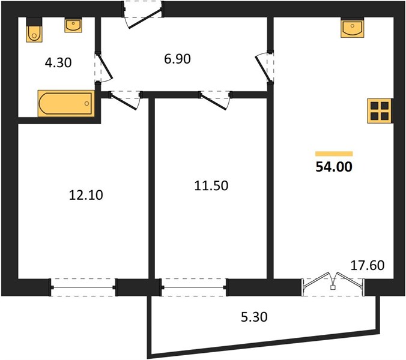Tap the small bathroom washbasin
pyautogui.click(x=73, y=25)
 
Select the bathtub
pyautogui.click(x=66, y=103)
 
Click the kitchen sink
pyautogui.click(x=352, y=28)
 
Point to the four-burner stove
pyautogui.click(x=380, y=110)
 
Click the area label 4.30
pyautogui.click(x=58, y=63)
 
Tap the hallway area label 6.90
pyautogui.click(x=177, y=59)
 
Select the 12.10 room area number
pyautogui.click(x=86, y=195)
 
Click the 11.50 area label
pyautogui.click(x=211, y=185)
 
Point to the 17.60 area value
pyautogui.click(x=368, y=265)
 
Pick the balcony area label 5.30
pyautogui.click(x=254, y=317)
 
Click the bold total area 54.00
pyautogui.click(x=334, y=167)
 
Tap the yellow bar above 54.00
pyautogui.click(x=334, y=154)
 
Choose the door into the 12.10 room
pyautogui.click(x=126, y=101)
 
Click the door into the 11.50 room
pyautogui.click(x=216, y=101)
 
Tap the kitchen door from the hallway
pyautogui.click(x=264, y=67)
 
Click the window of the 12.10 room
pyautogui.click(x=83, y=287)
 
